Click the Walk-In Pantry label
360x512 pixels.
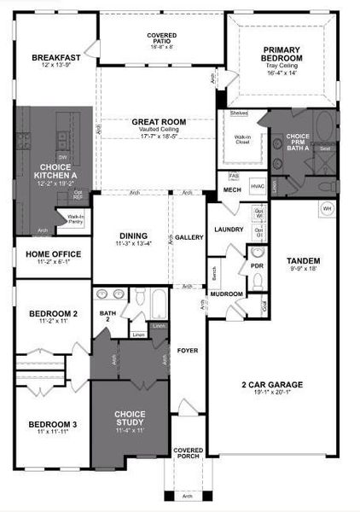(70, 220)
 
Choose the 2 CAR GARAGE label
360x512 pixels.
(273, 385)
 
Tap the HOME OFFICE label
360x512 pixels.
(53, 254)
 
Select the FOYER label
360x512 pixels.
(187, 351)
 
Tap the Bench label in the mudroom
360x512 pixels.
(214, 273)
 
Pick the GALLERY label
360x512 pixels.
(188, 236)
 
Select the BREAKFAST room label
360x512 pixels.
(56, 58)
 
